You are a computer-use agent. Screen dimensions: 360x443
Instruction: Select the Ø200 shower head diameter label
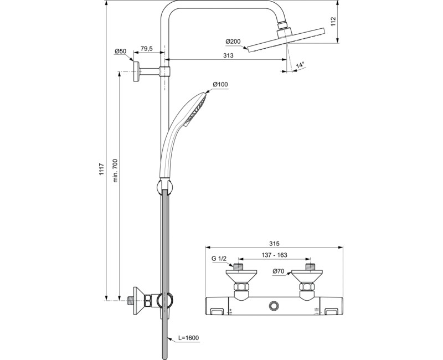tap(234, 42)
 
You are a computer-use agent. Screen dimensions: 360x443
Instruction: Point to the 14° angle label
tap(300, 65)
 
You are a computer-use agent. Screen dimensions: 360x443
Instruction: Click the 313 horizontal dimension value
tap(227, 55)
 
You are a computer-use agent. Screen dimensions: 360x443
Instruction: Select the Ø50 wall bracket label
tap(121, 52)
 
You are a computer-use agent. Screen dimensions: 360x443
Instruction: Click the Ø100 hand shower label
tap(220, 85)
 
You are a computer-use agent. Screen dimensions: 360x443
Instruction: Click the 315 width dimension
tap(275, 244)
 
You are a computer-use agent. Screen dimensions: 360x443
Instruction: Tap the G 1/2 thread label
tap(219, 259)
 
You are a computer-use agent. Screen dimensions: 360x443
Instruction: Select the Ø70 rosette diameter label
tap(279, 271)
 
